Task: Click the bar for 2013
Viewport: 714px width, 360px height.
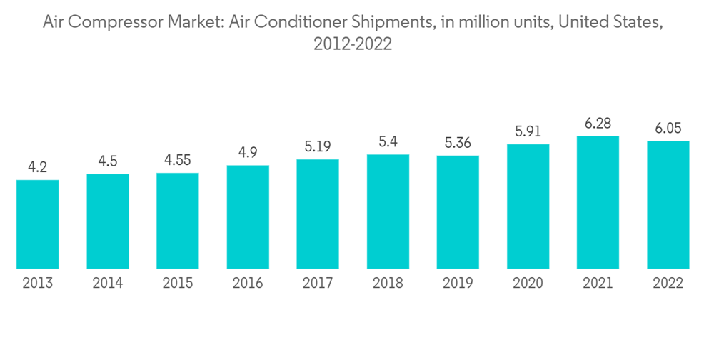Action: [38, 224]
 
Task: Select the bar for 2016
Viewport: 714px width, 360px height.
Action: [248, 217]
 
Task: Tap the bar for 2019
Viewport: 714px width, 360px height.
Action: [458, 212]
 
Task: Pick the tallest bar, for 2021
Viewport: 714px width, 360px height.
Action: [598, 202]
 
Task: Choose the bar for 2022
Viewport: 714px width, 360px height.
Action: [668, 205]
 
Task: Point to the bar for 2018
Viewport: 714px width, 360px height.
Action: [388, 211]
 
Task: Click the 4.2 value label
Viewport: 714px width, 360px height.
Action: [38, 168]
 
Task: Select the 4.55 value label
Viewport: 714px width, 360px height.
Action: [178, 161]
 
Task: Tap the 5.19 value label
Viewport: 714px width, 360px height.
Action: [318, 147]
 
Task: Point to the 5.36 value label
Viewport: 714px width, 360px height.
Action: [458, 144]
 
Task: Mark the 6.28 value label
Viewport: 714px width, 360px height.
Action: [598, 124]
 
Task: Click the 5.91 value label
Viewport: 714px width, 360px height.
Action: [528, 132]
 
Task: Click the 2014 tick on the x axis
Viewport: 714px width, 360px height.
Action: [108, 284]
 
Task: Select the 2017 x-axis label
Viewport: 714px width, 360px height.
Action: [318, 284]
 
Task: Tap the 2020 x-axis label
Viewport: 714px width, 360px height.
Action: [528, 284]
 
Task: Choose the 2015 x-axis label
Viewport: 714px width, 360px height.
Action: [178, 284]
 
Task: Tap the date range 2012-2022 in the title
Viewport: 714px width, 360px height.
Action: [353, 44]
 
